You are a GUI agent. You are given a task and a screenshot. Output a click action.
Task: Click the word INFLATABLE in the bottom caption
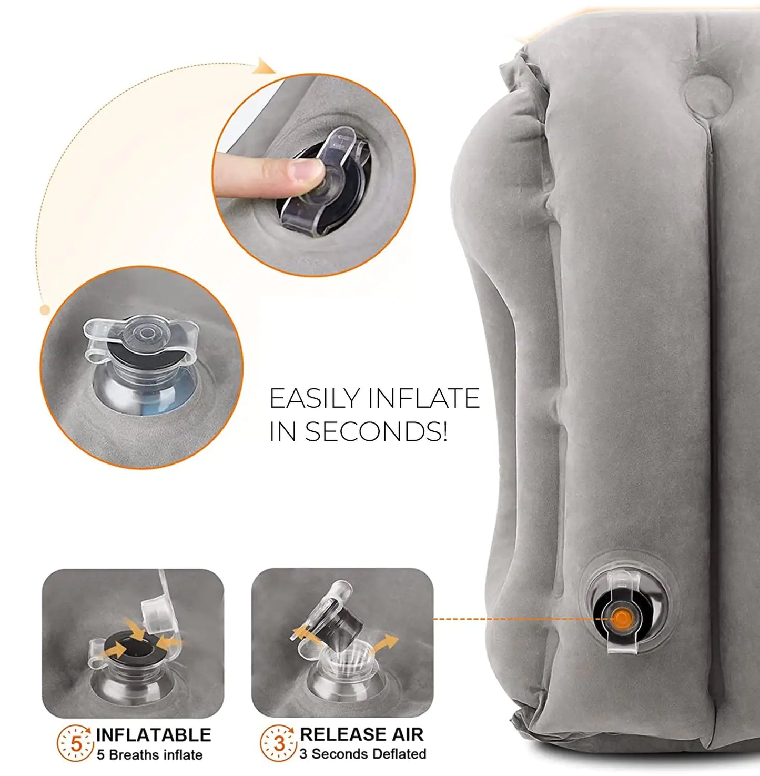click(x=153, y=735)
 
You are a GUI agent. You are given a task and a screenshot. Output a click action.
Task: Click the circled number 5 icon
click(x=76, y=743)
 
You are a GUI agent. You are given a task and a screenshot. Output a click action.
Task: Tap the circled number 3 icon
click(x=279, y=743)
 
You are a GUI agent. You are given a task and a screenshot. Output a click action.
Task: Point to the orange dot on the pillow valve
click(x=622, y=618)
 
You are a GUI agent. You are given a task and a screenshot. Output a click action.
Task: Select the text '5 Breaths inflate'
click(x=149, y=755)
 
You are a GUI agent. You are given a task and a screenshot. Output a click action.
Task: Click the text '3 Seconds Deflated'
click(x=363, y=754)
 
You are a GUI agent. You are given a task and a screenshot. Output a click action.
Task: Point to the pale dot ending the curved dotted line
click(x=45, y=310)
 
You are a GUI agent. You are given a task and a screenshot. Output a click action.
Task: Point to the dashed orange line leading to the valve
click(x=510, y=619)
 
